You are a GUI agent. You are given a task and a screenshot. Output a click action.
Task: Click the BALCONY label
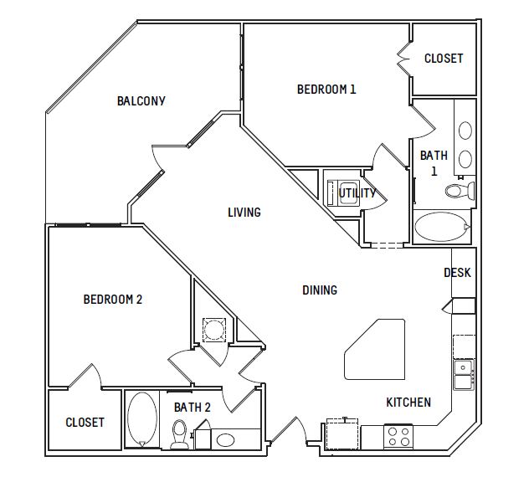pyautogui.click(x=141, y=101)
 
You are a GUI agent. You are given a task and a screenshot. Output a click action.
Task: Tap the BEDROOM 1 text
pyautogui.click(x=326, y=90)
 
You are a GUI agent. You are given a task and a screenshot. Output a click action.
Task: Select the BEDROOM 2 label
pyautogui.click(x=113, y=300)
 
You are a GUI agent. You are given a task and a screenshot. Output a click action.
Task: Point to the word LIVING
pyautogui.click(x=244, y=213)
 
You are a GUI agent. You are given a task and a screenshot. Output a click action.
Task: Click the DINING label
pyautogui.click(x=320, y=290)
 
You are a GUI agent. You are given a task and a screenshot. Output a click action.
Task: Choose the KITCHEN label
pyautogui.click(x=408, y=403)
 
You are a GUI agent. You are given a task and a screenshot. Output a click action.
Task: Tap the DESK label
pyautogui.click(x=457, y=273)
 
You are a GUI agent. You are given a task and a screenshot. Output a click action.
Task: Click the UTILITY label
pyautogui.click(x=357, y=193)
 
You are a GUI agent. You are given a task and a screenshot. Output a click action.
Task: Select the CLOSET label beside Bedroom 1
pyautogui.click(x=444, y=59)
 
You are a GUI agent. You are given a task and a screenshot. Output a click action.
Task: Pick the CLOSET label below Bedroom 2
pyautogui.click(x=85, y=423)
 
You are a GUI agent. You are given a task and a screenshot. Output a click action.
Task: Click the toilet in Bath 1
pyautogui.click(x=460, y=191)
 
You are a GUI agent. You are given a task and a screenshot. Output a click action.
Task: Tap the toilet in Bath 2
pyautogui.click(x=179, y=434)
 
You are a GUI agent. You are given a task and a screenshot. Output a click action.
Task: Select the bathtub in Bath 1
pyautogui.click(x=442, y=227)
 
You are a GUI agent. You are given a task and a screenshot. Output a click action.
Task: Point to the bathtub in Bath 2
pyautogui.click(x=142, y=419)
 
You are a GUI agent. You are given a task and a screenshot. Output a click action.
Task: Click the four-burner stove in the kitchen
pyautogui.click(x=398, y=436)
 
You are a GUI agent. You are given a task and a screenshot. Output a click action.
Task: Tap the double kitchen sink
pyautogui.click(x=464, y=375)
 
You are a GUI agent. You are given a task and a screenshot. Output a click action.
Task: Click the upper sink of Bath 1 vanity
pyautogui.click(x=465, y=131)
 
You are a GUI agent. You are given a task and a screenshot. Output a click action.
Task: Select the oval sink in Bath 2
pyautogui.click(x=225, y=440)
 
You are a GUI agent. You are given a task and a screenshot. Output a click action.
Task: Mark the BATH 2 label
pyautogui.click(x=193, y=408)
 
